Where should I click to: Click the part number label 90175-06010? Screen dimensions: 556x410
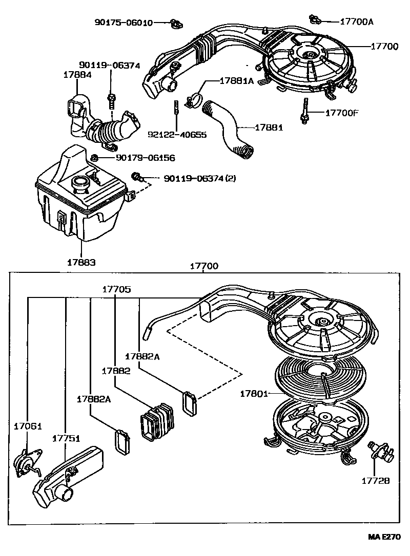123,23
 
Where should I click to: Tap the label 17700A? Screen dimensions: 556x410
357,22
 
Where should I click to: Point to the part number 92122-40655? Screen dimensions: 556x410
177,135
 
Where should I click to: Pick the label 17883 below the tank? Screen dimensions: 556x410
81,262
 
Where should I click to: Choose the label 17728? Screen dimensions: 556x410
376,481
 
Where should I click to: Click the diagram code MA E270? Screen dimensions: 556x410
383,537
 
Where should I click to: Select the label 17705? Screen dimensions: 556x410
116,289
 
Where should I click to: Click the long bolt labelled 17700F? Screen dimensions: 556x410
306,109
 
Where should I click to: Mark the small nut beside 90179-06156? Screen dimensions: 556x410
95,158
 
